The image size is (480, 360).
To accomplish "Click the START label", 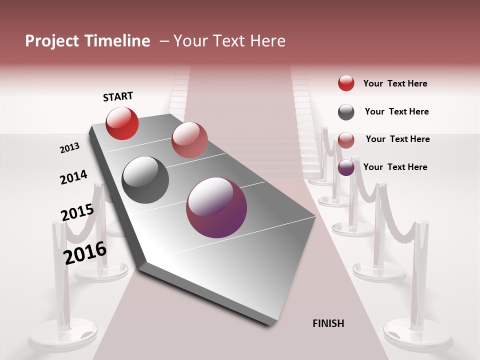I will point(118,96).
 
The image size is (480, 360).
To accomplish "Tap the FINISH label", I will point(328,323).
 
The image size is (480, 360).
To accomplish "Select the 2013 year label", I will point(70,148).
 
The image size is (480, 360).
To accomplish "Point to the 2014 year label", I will point(73,177).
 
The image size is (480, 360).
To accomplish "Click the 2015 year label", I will point(77,212).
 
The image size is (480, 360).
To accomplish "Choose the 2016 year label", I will point(85,253).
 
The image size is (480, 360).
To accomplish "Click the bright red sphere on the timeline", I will point(122,123).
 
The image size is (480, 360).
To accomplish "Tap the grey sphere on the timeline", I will point(145,180).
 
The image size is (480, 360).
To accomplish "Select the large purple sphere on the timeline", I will point(216,207).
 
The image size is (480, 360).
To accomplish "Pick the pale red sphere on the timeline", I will point(189,140).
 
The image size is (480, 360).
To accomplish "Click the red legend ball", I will point(346,83).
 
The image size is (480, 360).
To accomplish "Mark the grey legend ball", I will point(346,112).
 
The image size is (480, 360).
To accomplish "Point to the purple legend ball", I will point(346,167).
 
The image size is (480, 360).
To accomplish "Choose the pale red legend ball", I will point(346,140).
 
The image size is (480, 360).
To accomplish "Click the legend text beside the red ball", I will point(395,83).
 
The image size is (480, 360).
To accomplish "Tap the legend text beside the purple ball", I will point(395,167).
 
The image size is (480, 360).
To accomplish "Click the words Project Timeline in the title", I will point(87,41).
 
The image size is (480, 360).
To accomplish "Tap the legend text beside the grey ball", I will point(396,111).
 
